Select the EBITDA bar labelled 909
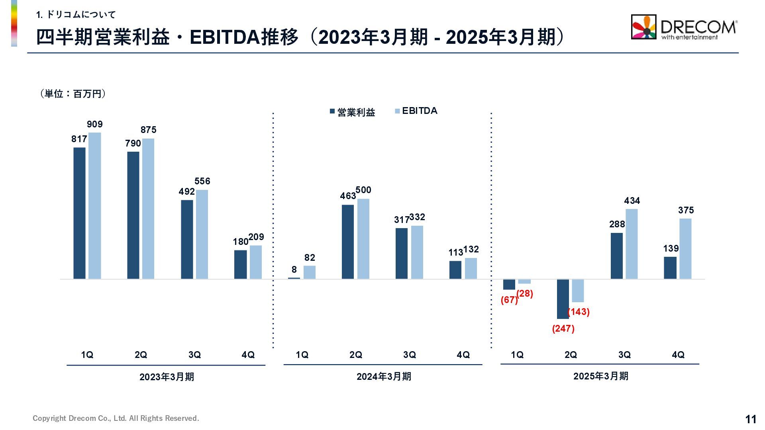coord(94,205)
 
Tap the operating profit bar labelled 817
coord(79,213)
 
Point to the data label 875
coord(149,130)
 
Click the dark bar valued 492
coord(187,239)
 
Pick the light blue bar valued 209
coord(256,262)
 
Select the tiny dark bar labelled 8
coord(294,278)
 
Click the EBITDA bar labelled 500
coord(363,238)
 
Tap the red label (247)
coord(563,328)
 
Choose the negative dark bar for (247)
coord(563,299)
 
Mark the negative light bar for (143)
coord(578,291)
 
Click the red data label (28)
coord(525,293)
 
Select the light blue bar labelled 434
coord(632,244)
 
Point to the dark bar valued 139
coord(670,268)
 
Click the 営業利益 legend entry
coord(353,112)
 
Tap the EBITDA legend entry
coord(416,111)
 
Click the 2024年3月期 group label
coord(383,376)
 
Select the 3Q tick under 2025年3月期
coord(624,355)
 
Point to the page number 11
coord(751,419)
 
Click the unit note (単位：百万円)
coord(73,94)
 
